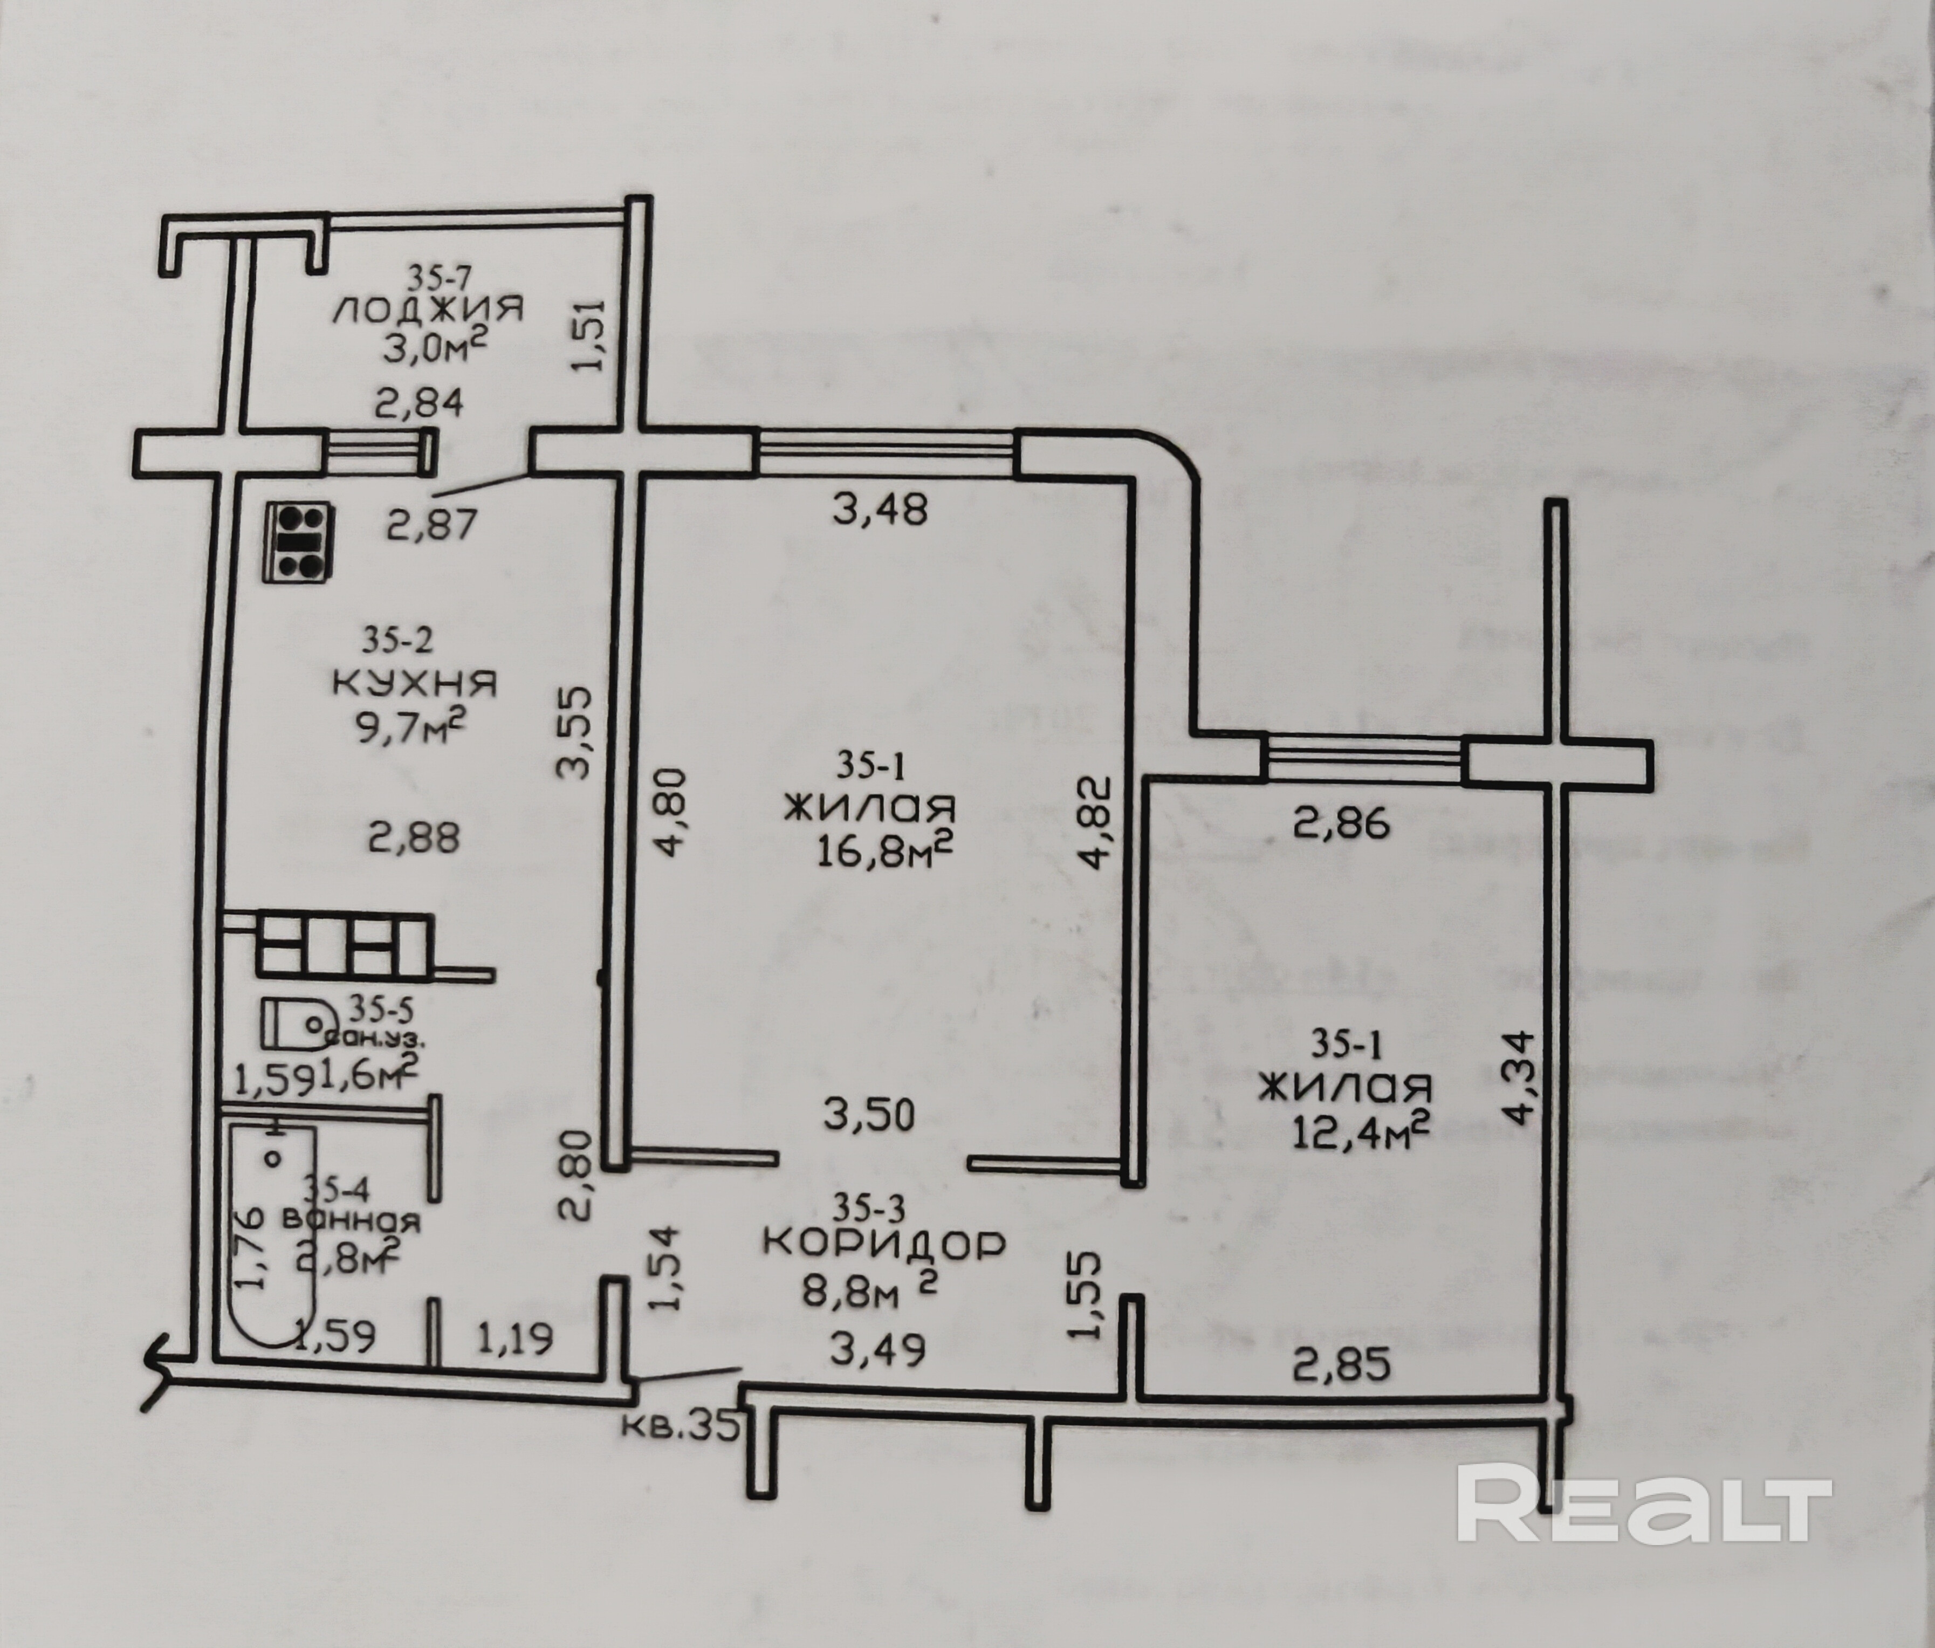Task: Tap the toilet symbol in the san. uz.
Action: (297, 1024)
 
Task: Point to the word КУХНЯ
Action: (415, 684)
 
